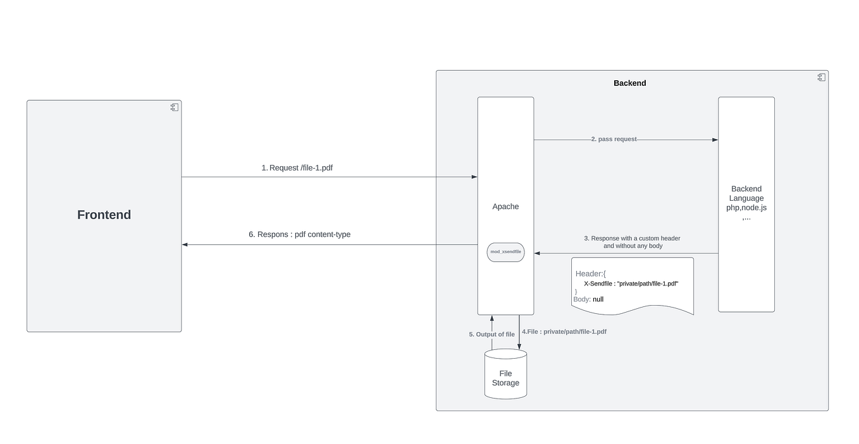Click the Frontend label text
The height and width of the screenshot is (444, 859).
pos(104,215)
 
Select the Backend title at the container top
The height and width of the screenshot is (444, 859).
pos(629,83)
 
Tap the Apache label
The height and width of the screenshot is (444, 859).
pos(505,207)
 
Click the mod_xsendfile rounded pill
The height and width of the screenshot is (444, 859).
pos(505,252)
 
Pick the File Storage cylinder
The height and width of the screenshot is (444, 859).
pos(505,375)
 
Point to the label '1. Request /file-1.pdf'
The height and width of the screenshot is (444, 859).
pos(297,168)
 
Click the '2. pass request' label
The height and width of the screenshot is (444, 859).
pos(614,139)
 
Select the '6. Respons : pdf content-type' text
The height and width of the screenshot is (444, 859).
pos(299,234)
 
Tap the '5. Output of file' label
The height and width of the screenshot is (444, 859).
pos(491,334)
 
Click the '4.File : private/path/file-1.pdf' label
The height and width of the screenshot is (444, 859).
pos(564,331)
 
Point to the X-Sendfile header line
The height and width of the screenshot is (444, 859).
pos(631,284)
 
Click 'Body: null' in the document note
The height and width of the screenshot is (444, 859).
pos(588,299)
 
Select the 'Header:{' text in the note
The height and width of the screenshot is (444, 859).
pos(590,273)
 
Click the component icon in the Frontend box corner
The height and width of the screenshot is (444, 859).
pos(174,107)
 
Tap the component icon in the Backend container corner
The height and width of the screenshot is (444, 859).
pos(821,77)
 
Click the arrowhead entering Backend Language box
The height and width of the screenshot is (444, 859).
pos(715,140)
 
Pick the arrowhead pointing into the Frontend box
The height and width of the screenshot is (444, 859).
pos(185,244)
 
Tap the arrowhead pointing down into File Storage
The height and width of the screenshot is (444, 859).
pos(519,345)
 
